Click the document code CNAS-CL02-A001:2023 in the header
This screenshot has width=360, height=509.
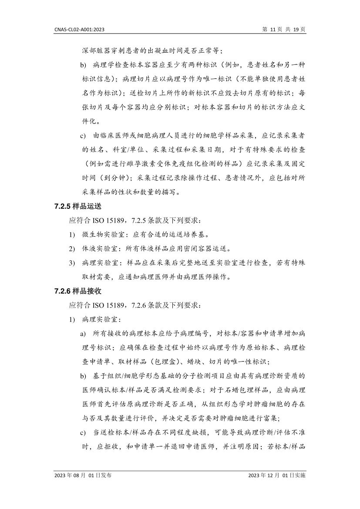tap(80, 30)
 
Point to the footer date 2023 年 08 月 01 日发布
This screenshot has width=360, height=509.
tap(84, 476)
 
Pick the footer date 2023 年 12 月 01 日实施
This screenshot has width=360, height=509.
tap(277, 476)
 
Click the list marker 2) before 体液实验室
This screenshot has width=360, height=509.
tap(72, 249)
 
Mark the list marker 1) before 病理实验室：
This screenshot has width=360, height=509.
tap(72, 319)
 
